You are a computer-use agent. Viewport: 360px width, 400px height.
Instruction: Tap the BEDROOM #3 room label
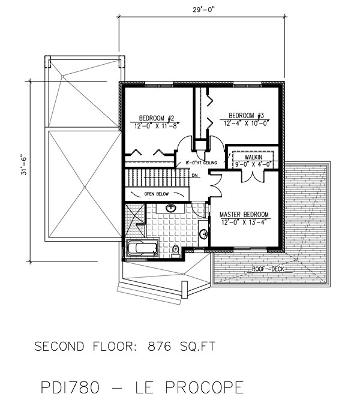[243, 115]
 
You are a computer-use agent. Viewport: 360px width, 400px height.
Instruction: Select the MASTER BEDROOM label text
[244, 214]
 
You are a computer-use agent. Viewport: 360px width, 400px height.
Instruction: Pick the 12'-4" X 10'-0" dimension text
[246, 124]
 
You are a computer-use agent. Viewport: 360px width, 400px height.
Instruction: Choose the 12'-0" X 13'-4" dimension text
[244, 222]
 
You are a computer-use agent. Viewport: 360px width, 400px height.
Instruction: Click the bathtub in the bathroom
[142, 248]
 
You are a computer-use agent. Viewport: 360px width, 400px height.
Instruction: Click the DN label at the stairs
[195, 175]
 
